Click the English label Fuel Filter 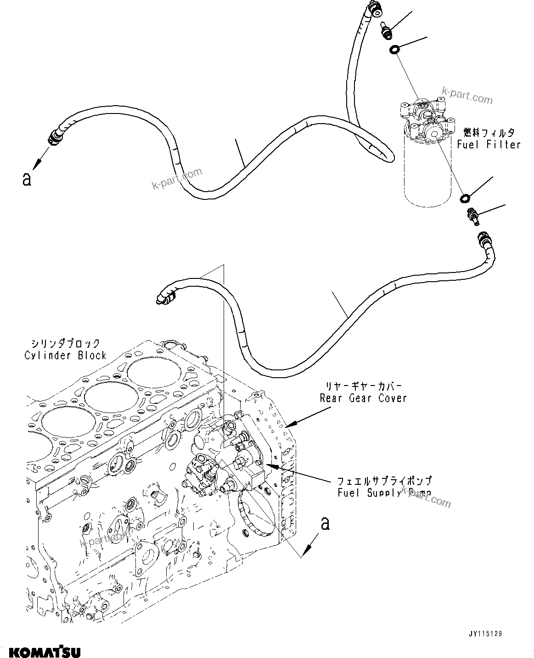click(x=489, y=145)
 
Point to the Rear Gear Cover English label click(x=363, y=398)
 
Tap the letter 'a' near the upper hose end click(x=27, y=179)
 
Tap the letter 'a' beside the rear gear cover click(x=325, y=523)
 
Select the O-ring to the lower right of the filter click(x=465, y=198)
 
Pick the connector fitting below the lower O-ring click(x=472, y=216)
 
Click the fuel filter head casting click(x=425, y=121)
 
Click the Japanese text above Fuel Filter click(x=489, y=133)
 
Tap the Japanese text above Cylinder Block click(x=65, y=343)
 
